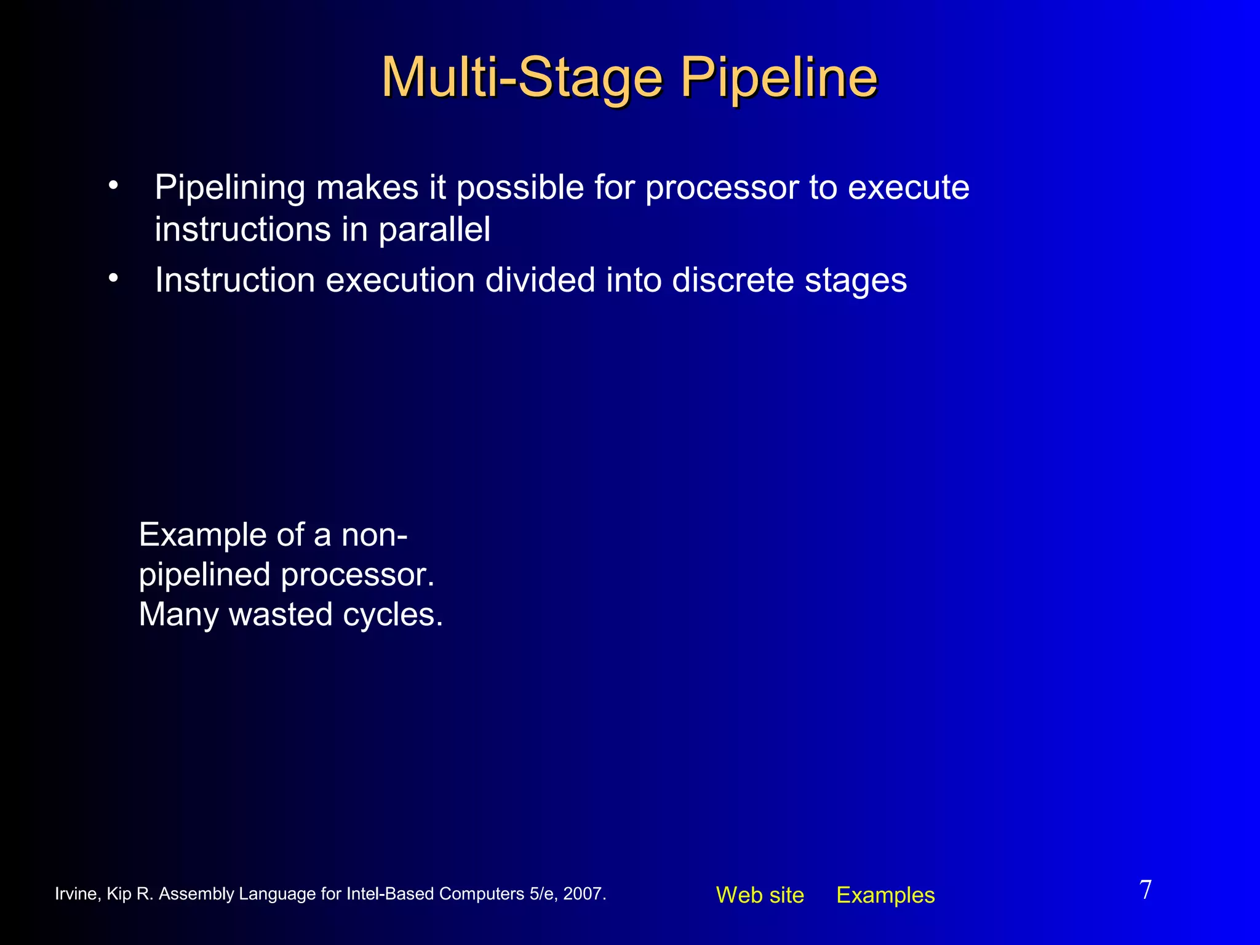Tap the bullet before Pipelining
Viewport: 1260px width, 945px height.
(x=113, y=185)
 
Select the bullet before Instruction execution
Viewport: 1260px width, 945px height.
(x=113, y=278)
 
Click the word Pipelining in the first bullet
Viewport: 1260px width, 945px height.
(x=229, y=188)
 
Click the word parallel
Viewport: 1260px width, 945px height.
(x=434, y=230)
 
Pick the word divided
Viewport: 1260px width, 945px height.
(x=540, y=281)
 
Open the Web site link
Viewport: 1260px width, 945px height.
(x=759, y=895)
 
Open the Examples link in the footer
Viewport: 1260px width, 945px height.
(x=885, y=895)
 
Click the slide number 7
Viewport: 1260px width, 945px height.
(x=1145, y=890)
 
